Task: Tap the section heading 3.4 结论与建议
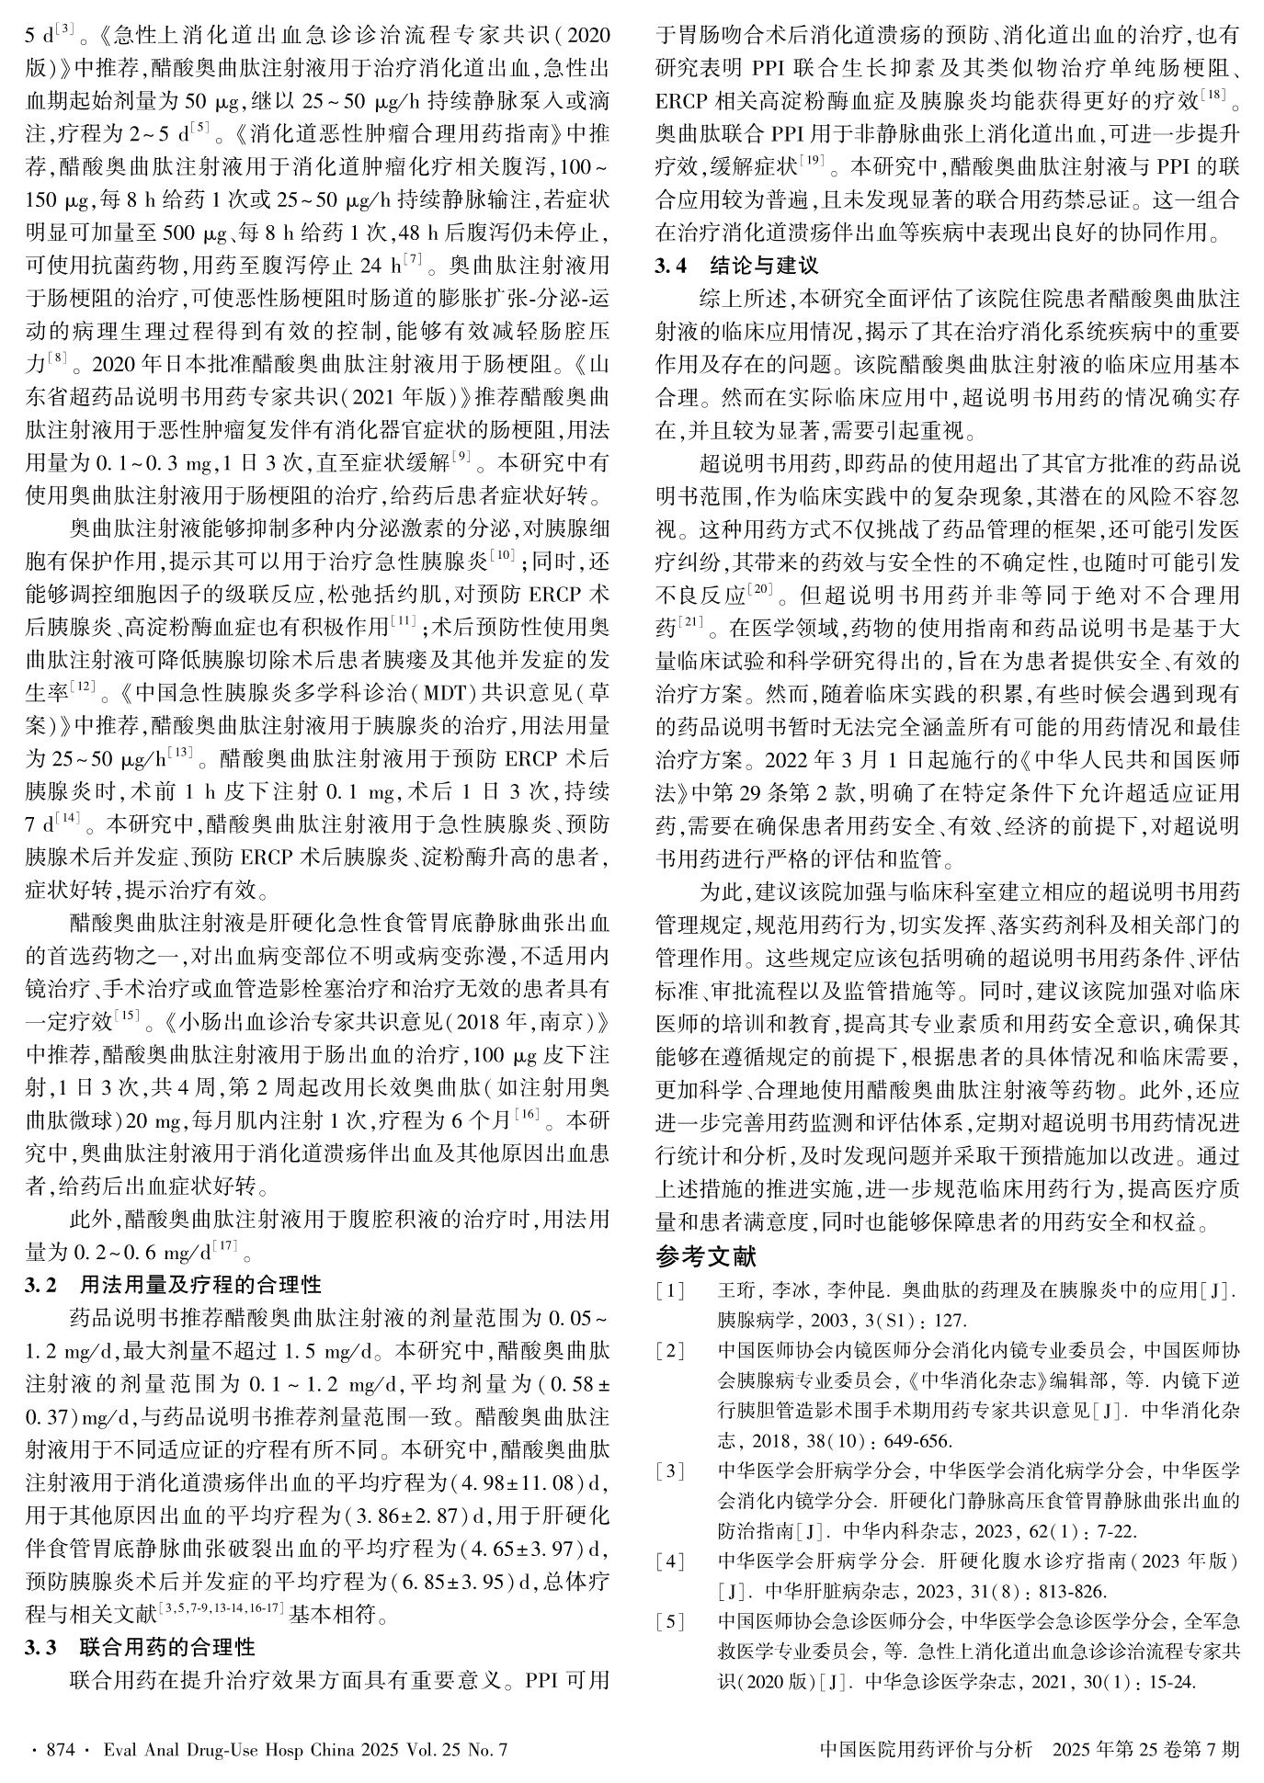tap(735, 267)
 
